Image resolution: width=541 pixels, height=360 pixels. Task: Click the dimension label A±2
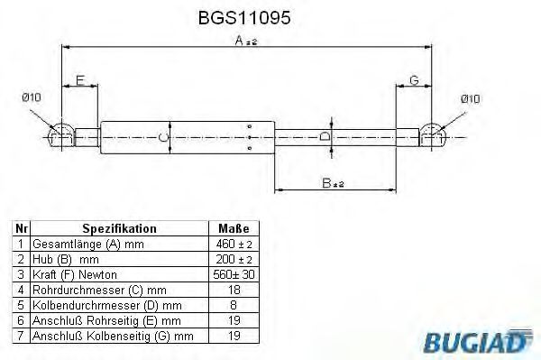click(246, 40)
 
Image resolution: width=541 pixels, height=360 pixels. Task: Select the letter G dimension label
click(414, 80)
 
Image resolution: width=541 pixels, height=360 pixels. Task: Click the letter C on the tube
click(161, 137)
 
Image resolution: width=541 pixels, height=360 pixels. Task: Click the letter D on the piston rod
click(326, 136)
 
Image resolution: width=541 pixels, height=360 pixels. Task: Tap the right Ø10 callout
click(472, 97)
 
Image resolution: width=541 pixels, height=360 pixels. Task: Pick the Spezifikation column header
click(119, 229)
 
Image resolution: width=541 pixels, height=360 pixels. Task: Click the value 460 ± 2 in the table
click(234, 245)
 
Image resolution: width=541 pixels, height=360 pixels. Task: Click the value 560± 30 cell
click(234, 274)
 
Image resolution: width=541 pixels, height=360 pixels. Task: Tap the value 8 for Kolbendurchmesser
click(234, 305)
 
